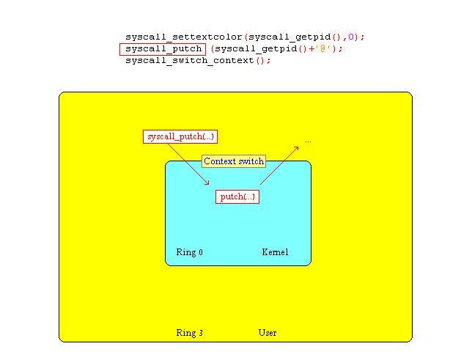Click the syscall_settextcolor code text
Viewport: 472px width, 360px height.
[184, 37]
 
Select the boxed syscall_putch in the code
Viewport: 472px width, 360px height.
[163, 49]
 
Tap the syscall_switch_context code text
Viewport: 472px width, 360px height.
[190, 61]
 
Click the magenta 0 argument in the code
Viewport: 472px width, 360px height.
[351, 37]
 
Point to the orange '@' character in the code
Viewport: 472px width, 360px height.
[323, 48]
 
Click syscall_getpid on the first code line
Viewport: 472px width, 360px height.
[290, 37]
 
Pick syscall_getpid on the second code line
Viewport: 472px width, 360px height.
[256, 49]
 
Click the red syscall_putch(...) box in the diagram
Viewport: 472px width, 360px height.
[180, 137]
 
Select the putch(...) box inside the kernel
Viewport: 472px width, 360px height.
[237, 197]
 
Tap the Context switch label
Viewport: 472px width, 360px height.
[234, 161]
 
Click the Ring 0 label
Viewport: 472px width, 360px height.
[189, 252]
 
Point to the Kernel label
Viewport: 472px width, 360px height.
[275, 252]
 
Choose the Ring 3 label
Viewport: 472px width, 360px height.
[189, 333]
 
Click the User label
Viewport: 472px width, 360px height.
[268, 333]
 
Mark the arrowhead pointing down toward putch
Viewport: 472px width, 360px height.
[207, 183]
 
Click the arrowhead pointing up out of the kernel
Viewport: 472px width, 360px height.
[296, 149]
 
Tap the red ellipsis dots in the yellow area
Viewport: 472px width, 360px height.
[308, 142]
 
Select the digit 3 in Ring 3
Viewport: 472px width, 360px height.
[201, 333]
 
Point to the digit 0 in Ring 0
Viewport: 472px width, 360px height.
[201, 252]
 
